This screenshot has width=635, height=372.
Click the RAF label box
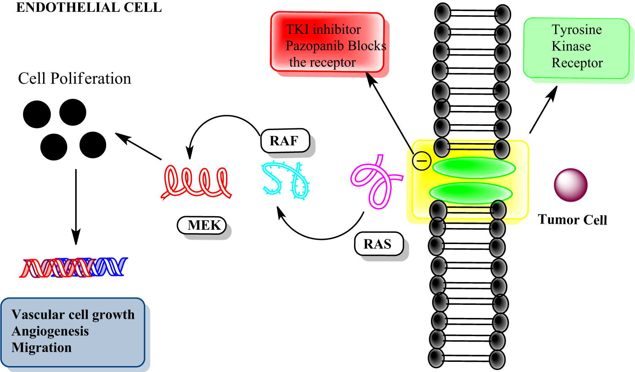pos(285,141)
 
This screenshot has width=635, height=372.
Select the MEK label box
pos(202,225)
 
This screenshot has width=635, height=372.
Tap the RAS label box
pos(378,244)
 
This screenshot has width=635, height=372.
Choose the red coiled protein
pos(196,182)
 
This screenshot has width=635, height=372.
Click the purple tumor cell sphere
pos(570,185)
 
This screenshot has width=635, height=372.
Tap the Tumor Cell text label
pos(572,220)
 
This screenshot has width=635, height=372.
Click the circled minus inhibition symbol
pos(421,161)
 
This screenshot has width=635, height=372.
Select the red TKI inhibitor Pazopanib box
pos(327,42)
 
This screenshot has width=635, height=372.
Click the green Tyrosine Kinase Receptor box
pos(576,48)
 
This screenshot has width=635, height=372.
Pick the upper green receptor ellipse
pos(474,168)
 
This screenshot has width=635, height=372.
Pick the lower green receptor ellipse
pos(471,193)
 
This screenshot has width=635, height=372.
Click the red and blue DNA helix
pos(74,267)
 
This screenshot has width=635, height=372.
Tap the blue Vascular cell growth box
pos(73,332)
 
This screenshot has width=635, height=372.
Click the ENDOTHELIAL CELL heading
pos(89,8)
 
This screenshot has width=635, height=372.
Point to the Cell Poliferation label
pos(74,79)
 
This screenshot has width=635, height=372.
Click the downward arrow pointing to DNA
pos(76,207)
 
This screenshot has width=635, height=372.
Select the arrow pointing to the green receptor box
pos(543,110)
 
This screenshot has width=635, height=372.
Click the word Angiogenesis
pos(50,331)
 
